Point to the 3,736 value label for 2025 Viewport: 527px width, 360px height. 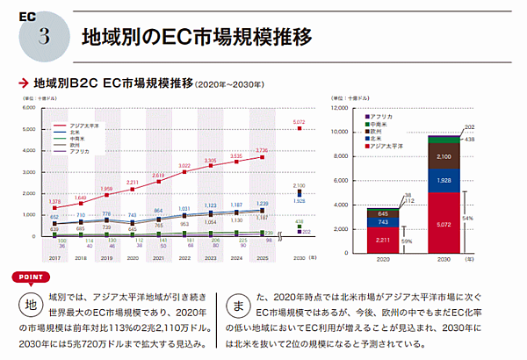261,150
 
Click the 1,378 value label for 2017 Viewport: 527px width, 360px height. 55,201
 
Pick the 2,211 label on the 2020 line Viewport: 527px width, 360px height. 132,183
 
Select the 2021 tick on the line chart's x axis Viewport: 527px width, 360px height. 157,259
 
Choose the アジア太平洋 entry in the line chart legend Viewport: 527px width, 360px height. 85,126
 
